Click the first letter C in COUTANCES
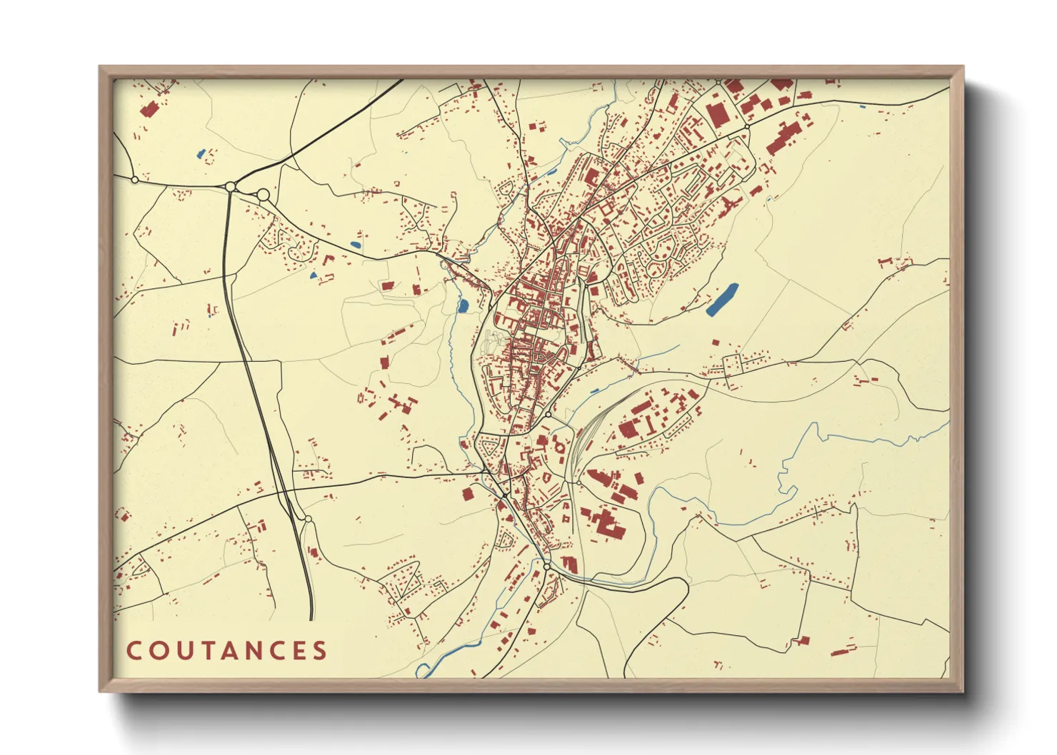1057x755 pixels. tap(134, 651)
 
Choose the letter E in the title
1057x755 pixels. tap(299, 651)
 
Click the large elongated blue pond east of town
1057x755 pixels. tap(722, 299)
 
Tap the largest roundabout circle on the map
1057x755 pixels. tap(262, 195)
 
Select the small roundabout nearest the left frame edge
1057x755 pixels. tap(134, 180)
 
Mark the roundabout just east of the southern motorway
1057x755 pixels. tap(309, 519)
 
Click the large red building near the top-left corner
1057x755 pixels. tap(149, 110)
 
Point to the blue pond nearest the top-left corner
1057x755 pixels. tap(201, 153)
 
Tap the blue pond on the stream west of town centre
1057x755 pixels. tap(462, 307)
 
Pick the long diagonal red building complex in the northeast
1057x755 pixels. tap(783, 138)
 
